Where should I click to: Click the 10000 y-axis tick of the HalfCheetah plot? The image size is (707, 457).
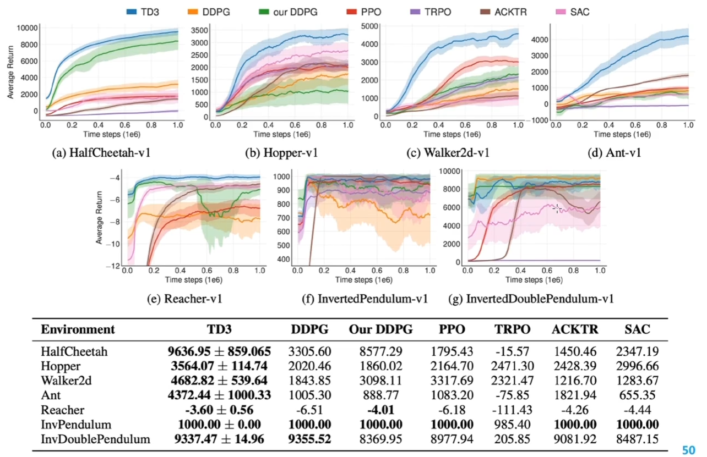coord(28,28)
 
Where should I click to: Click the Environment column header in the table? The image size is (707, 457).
coord(78,330)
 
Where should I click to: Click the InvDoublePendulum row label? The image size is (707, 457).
coord(96,439)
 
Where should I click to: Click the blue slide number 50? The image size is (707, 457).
coord(689,450)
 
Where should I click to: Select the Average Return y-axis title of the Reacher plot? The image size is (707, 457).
coord(99,217)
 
